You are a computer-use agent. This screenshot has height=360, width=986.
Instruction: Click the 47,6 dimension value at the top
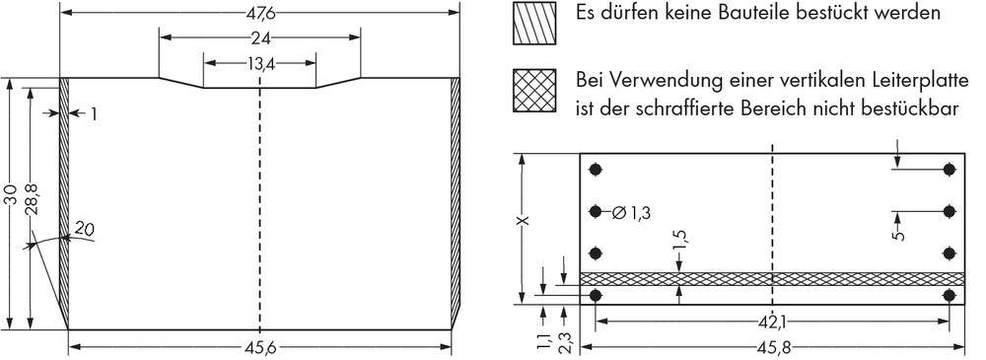pos(259,13)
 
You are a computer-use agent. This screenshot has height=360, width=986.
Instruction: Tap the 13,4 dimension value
pos(259,63)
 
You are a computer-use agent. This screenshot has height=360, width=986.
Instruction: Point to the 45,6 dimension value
pos(259,346)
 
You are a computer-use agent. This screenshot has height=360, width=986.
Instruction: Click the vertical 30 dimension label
pos(10,196)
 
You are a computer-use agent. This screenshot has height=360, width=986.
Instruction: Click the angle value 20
pos(84,230)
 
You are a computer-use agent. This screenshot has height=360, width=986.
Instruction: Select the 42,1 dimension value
pos(772,321)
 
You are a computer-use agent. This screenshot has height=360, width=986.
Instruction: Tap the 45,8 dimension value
pos(772,346)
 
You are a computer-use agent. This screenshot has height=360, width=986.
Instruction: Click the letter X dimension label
pos(523,220)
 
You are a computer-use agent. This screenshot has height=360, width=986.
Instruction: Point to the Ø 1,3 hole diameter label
pos(631,211)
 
